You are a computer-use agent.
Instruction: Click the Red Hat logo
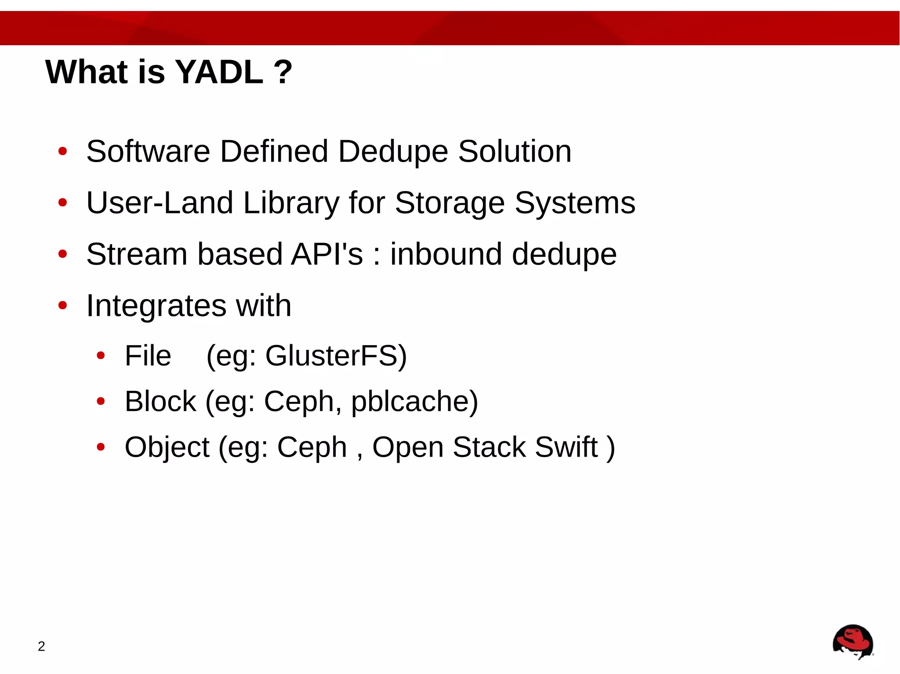pyautogui.click(x=853, y=642)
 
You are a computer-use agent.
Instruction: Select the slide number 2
pyautogui.click(x=41, y=646)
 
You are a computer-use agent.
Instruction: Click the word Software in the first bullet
pyautogui.click(x=148, y=151)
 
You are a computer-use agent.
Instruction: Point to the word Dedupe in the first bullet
pyautogui.click(x=393, y=151)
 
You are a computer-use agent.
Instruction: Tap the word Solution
pyautogui.click(x=515, y=151)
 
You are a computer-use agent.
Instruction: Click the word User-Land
pyautogui.click(x=160, y=203)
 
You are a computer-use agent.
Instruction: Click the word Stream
pyautogui.click(x=137, y=254)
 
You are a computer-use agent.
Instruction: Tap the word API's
pyautogui.click(x=327, y=254)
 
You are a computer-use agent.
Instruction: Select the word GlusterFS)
pyautogui.click(x=336, y=356)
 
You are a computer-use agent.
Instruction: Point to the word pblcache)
pyautogui.click(x=414, y=402)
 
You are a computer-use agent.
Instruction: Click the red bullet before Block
pyautogui.click(x=101, y=401)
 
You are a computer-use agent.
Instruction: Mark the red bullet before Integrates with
pyautogui.click(x=62, y=305)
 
